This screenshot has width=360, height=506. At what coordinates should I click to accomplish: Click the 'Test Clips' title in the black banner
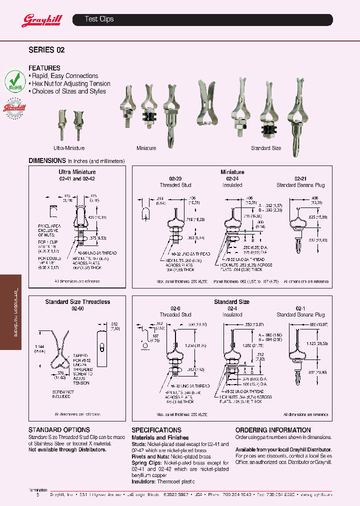click(99, 19)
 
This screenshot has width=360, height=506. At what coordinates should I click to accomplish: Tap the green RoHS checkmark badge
click(15, 80)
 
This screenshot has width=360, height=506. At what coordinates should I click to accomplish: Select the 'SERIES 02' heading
click(46, 50)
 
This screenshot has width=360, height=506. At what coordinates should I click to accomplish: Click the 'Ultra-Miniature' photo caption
click(69, 148)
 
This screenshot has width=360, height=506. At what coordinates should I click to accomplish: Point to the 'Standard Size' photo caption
click(266, 148)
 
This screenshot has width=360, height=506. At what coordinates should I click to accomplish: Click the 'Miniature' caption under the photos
click(146, 148)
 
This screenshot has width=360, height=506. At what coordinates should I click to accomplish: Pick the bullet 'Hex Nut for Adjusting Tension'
click(70, 83)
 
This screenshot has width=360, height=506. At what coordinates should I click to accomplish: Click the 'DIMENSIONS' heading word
click(47, 160)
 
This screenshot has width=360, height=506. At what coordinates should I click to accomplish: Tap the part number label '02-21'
click(300, 178)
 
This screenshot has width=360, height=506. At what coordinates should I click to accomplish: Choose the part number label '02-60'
click(77, 308)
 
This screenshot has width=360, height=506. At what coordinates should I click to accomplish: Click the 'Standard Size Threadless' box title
click(77, 301)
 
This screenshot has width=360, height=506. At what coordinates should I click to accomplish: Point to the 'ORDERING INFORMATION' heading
click(273, 430)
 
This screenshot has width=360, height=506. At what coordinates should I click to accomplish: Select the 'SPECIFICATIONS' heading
click(156, 430)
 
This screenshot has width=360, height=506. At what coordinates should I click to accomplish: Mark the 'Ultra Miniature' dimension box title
click(77, 172)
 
